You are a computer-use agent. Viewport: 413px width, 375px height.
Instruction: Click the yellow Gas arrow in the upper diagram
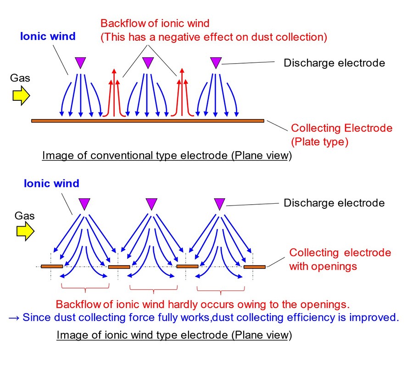[x=21, y=96]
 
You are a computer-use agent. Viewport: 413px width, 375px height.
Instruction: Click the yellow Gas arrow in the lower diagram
[x=26, y=231]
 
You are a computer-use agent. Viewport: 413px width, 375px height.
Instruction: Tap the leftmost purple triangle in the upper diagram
[x=80, y=63]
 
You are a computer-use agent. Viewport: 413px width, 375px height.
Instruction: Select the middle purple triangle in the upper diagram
[x=148, y=63]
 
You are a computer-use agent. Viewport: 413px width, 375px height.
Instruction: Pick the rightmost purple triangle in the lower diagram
[x=220, y=204]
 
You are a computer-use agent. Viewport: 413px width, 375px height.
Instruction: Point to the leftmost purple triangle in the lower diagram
[x=84, y=204]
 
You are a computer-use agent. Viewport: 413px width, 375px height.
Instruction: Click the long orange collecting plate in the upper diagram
[x=148, y=121]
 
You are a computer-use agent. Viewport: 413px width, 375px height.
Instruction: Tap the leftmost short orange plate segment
[x=52, y=266]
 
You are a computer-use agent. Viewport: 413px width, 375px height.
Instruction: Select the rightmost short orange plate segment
[x=254, y=267]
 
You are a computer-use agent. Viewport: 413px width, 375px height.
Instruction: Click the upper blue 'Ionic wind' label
[x=48, y=36]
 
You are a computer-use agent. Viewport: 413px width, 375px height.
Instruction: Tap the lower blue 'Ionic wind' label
[x=51, y=184]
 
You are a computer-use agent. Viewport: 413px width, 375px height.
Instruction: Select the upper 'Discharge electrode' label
[x=334, y=63]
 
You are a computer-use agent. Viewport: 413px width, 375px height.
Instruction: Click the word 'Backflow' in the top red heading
[x=123, y=23]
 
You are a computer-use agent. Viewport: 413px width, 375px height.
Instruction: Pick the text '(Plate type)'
[x=320, y=142]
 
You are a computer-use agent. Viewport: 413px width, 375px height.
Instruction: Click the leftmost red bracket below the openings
[x=85, y=288]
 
